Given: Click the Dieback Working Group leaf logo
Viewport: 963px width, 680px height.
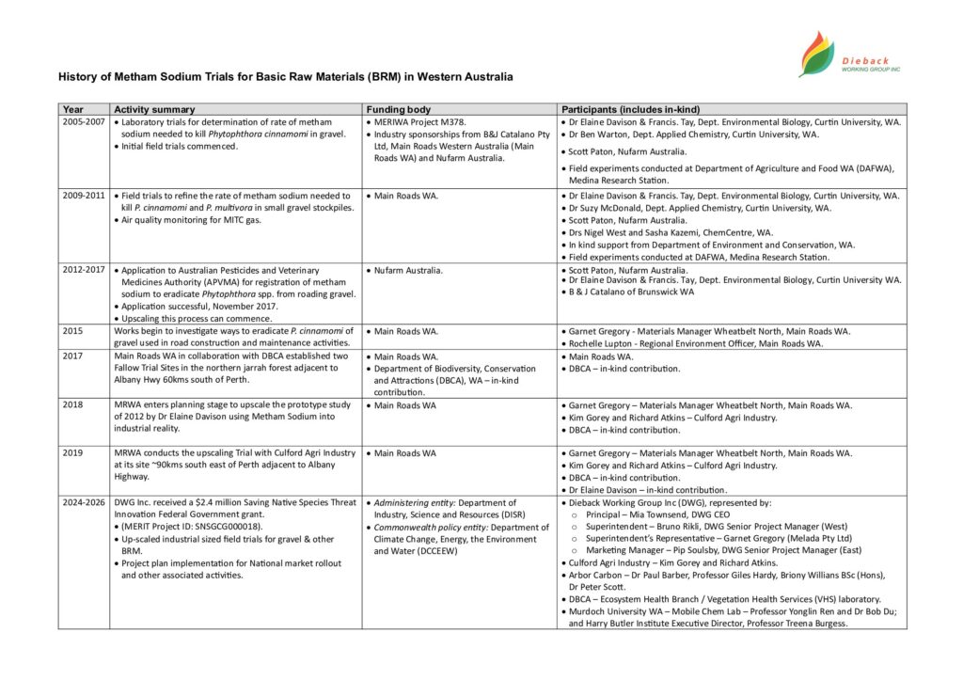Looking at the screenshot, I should pyautogui.click(x=815, y=53).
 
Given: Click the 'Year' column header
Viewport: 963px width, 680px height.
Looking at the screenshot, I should pyautogui.click(x=71, y=109).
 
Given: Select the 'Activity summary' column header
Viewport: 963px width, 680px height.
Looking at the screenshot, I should pyautogui.click(x=154, y=109).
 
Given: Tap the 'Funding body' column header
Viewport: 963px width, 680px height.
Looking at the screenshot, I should pyautogui.click(x=399, y=109).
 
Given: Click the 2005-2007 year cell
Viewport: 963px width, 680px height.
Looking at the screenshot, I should pyautogui.click(x=83, y=122).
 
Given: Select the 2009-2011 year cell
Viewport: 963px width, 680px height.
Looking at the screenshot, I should pyautogui.click(x=83, y=196).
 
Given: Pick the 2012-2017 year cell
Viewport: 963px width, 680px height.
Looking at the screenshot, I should pyautogui.click(x=83, y=270).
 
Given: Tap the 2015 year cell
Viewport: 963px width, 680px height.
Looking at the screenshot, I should pyautogui.click(x=72, y=331).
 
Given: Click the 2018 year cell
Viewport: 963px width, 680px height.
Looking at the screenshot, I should pyautogui.click(x=72, y=405).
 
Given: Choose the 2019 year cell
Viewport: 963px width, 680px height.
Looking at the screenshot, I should pyautogui.click(x=72, y=453).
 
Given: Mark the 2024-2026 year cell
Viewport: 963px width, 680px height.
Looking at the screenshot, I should pyautogui.click(x=83, y=503).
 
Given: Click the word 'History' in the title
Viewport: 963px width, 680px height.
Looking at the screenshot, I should pyautogui.click(x=77, y=76).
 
